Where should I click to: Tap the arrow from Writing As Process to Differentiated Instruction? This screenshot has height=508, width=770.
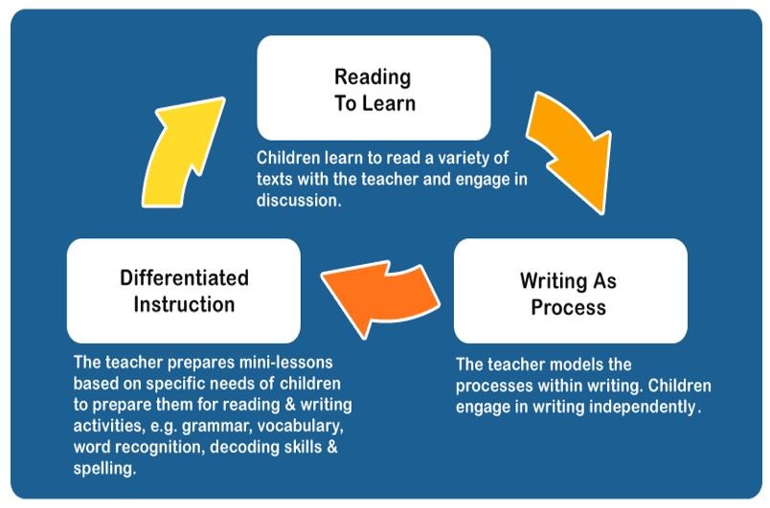tap(379, 297)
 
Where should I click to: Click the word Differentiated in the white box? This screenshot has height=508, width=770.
tap(184, 278)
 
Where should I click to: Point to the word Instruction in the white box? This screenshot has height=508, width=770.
tap(184, 304)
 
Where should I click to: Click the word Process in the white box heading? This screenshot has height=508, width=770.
tap(568, 308)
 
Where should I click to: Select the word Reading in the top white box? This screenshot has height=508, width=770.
tap(373, 77)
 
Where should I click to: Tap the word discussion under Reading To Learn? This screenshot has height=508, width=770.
tap(298, 200)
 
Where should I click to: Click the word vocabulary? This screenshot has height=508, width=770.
tap(300, 426)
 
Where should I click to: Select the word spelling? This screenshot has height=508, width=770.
tap(104, 469)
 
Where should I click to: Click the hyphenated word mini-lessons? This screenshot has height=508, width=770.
tap(285, 363)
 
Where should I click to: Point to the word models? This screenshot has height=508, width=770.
tap(575, 364)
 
